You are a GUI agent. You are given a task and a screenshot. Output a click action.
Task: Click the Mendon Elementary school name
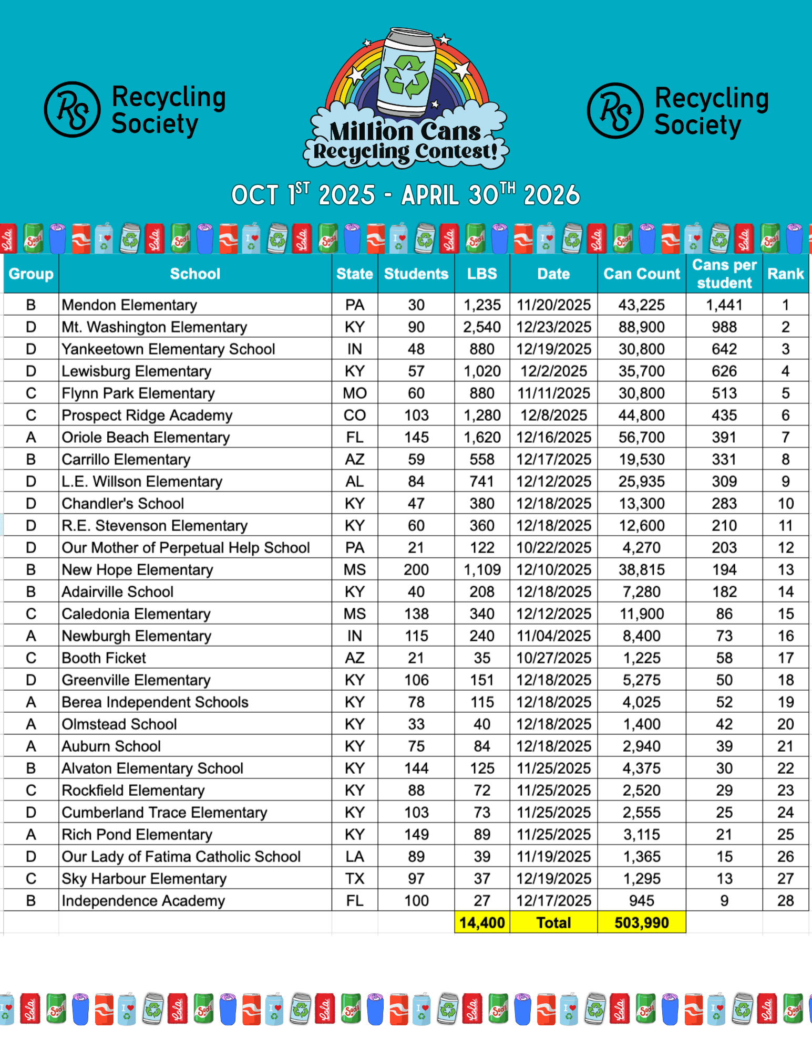pyautogui.click(x=129, y=305)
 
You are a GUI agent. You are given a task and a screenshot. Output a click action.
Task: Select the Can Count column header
pyautogui.click(x=641, y=274)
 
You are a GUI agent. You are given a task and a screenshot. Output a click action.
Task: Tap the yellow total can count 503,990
pyautogui.click(x=641, y=923)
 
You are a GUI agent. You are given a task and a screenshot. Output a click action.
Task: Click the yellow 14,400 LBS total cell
pyautogui.click(x=482, y=923)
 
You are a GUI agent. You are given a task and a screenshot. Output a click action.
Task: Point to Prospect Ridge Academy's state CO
pyautogui.click(x=355, y=415)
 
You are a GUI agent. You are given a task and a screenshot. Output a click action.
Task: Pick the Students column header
pyautogui.click(x=416, y=274)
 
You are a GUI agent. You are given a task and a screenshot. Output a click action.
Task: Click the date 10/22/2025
pyautogui.click(x=553, y=548)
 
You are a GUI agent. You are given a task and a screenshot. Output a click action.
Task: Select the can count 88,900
pyautogui.click(x=641, y=327)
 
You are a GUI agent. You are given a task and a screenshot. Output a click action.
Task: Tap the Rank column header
pyautogui.click(x=785, y=274)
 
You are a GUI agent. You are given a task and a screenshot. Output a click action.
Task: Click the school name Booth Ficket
pyautogui.click(x=104, y=658)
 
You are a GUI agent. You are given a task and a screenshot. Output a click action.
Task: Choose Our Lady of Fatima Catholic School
pyautogui.click(x=181, y=857)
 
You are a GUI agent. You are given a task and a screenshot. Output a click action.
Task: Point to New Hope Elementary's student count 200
pyautogui.click(x=416, y=570)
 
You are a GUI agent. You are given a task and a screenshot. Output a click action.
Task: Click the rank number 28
pyautogui.click(x=785, y=901)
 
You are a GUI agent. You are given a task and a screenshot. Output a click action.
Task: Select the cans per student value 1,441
pyautogui.click(x=724, y=305)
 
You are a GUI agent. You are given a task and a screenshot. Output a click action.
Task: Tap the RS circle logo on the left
pyautogui.click(x=72, y=109)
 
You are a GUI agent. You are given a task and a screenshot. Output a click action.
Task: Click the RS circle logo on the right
pyautogui.click(x=615, y=110)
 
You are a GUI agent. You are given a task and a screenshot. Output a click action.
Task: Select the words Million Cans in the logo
pyautogui.click(x=405, y=131)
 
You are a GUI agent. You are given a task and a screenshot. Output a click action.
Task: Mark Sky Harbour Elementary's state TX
pyautogui.click(x=355, y=879)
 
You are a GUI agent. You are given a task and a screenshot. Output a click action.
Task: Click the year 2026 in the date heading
pyautogui.click(x=552, y=195)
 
